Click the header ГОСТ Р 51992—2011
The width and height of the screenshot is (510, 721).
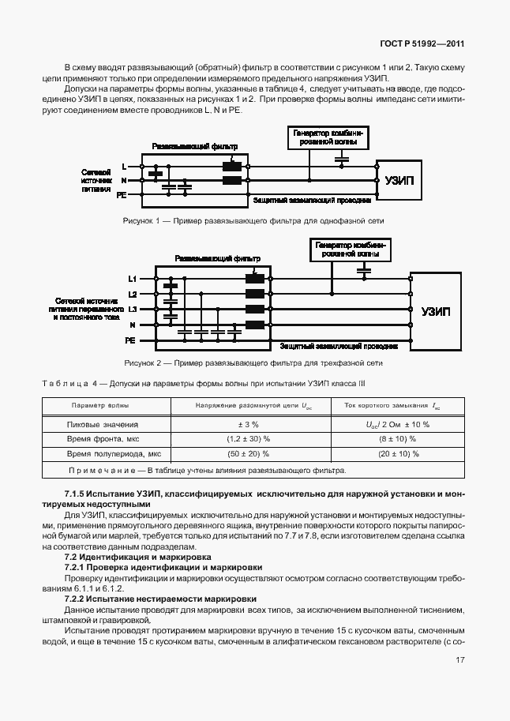tap(419, 45)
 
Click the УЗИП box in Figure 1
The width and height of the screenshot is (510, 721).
tap(399, 180)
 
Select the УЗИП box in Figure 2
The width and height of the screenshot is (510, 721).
tap(435, 311)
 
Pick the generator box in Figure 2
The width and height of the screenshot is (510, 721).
tap(349, 250)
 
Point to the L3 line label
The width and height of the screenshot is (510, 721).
tap(133, 309)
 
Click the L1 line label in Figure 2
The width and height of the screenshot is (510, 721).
tap(133, 279)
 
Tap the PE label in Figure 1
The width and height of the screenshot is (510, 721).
tap(122, 193)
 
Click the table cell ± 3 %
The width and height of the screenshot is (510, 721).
tap(238, 424)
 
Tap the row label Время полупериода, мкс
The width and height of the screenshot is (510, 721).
tap(114, 454)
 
